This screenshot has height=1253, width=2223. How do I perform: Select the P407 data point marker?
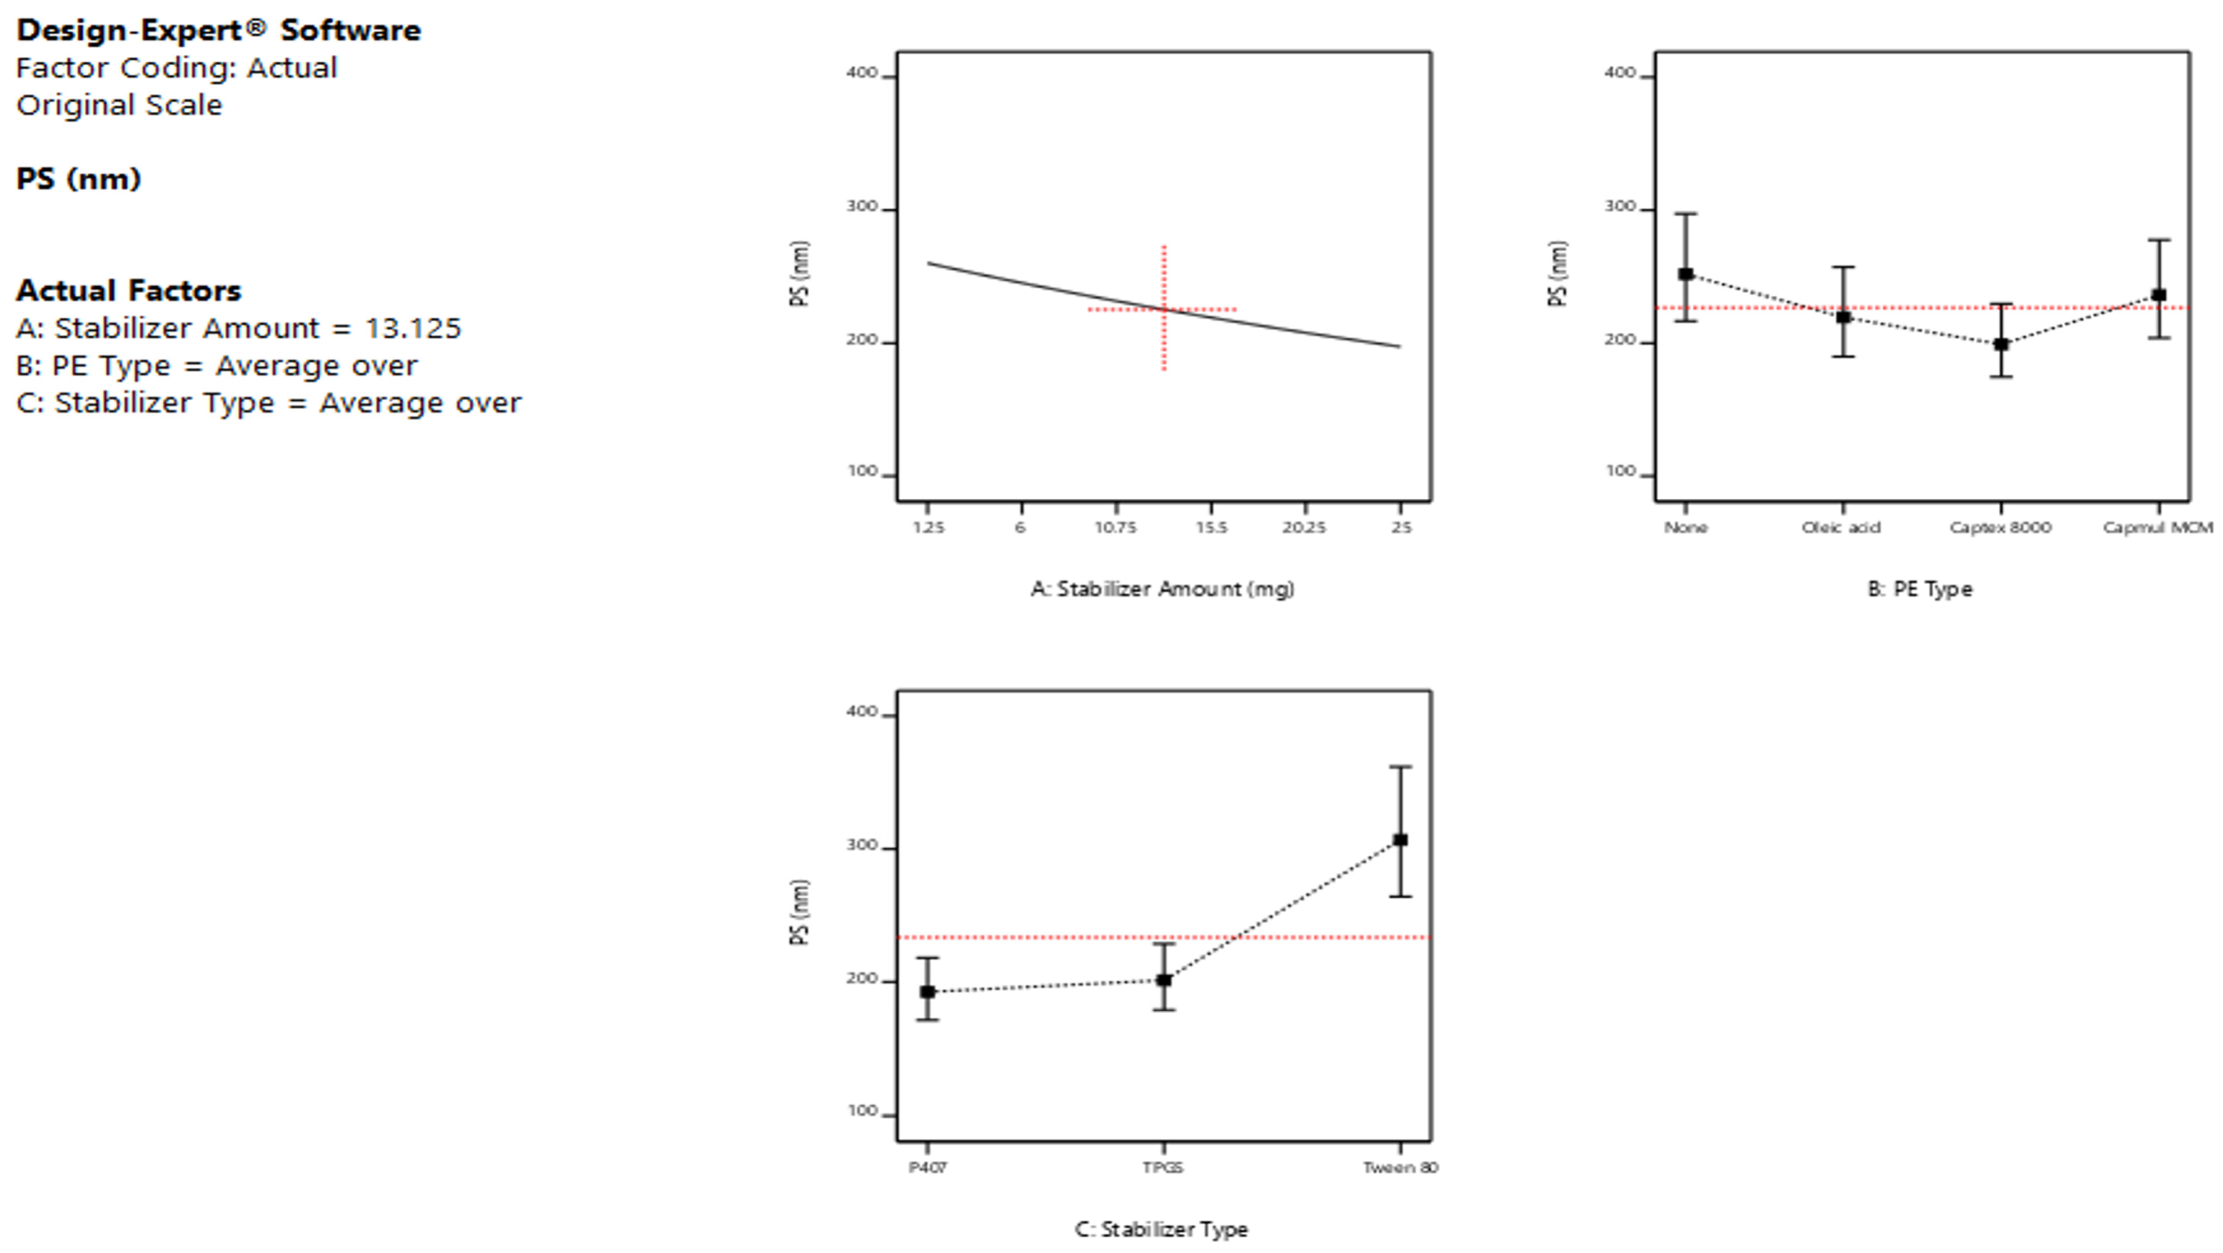[x=928, y=991]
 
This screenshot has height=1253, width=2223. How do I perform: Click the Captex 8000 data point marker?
[x=2001, y=345]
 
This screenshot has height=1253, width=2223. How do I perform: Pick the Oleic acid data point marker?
[x=1843, y=317]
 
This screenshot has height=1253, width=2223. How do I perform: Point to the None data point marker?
[x=1685, y=274]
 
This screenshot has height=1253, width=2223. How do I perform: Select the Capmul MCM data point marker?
[x=2159, y=295]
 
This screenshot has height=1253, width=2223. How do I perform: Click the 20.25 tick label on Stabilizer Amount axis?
[x=1304, y=527]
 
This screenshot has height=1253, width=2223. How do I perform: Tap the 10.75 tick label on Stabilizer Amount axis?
[x=1116, y=527]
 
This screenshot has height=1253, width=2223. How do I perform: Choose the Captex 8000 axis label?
[x=2000, y=527]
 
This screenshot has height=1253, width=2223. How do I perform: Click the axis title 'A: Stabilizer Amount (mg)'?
[x=1163, y=589]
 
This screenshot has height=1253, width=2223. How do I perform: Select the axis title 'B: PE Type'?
[x=1920, y=589]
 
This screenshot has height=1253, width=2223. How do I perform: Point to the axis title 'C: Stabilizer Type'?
[x=1162, y=1229]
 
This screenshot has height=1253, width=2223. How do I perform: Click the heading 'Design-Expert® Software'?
[x=218, y=30]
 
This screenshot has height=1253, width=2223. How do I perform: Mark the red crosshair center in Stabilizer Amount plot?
[x=1163, y=309]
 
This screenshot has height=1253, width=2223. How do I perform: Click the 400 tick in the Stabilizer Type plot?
[x=861, y=712]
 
